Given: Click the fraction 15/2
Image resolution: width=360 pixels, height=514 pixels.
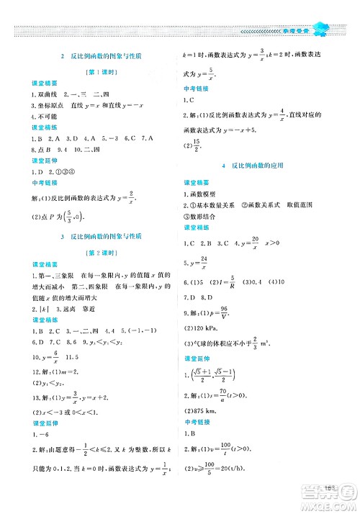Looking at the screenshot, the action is click(x=199, y=146).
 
